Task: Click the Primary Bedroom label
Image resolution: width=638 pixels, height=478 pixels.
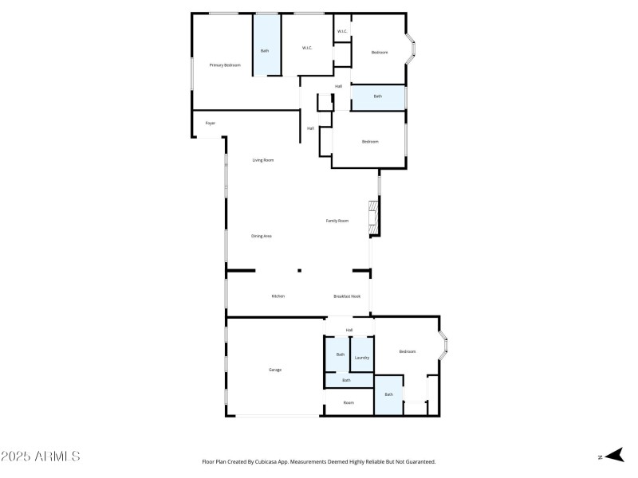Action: tap(225, 65)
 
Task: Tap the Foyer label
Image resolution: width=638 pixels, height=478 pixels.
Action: tap(211, 123)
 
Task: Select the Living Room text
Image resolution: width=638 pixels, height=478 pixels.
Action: tap(263, 160)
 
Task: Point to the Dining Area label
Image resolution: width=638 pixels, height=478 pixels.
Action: tap(262, 236)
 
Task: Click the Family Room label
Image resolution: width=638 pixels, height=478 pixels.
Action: tap(337, 221)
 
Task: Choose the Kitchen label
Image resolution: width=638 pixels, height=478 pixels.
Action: tap(278, 296)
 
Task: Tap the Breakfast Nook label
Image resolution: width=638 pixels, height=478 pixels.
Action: tap(348, 296)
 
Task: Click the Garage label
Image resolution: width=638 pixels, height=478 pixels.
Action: tap(274, 370)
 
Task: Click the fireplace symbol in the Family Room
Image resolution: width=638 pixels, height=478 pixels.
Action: tap(371, 218)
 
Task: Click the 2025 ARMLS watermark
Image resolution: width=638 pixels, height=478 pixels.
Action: tap(40, 456)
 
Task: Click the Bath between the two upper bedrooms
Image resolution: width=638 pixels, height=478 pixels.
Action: tap(378, 97)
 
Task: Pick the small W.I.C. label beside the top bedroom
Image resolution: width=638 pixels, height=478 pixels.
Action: tap(341, 32)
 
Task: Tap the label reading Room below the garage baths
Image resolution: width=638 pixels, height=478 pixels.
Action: tap(349, 403)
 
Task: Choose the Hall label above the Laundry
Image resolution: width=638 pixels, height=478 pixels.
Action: tap(349, 330)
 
